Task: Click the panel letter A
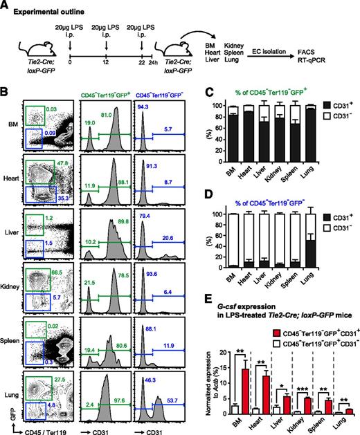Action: coord(6,6)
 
